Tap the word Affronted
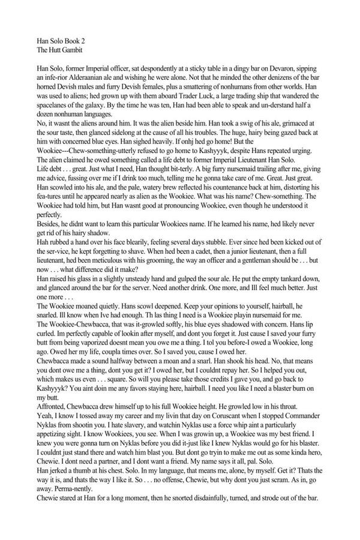[54, 439]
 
